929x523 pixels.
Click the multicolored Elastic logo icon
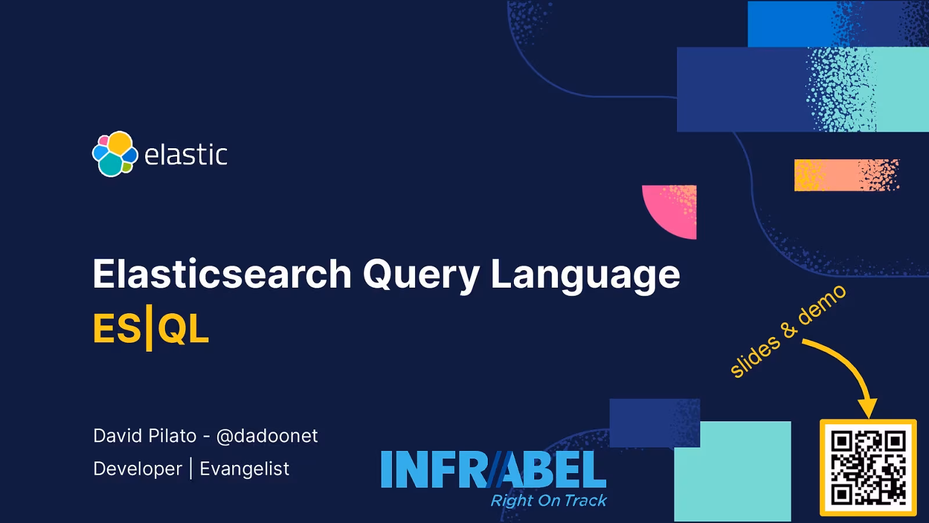(x=115, y=154)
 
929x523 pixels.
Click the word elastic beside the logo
(x=186, y=155)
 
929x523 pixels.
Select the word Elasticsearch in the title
(x=222, y=274)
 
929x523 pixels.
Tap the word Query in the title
(x=421, y=275)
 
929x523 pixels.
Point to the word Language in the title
(x=585, y=275)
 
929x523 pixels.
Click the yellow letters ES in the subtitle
(x=117, y=329)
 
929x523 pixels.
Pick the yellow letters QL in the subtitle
(x=183, y=329)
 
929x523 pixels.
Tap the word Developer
(x=138, y=469)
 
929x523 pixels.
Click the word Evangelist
(x=244, y=469)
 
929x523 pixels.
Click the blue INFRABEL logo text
(x=494, y=470)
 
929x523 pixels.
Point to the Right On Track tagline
(x=549, y=500)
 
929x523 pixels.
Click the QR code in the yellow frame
(x=868, y=467)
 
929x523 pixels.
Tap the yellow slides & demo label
(x=787, y=332)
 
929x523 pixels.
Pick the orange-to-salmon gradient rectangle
(x=846, y=175)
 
